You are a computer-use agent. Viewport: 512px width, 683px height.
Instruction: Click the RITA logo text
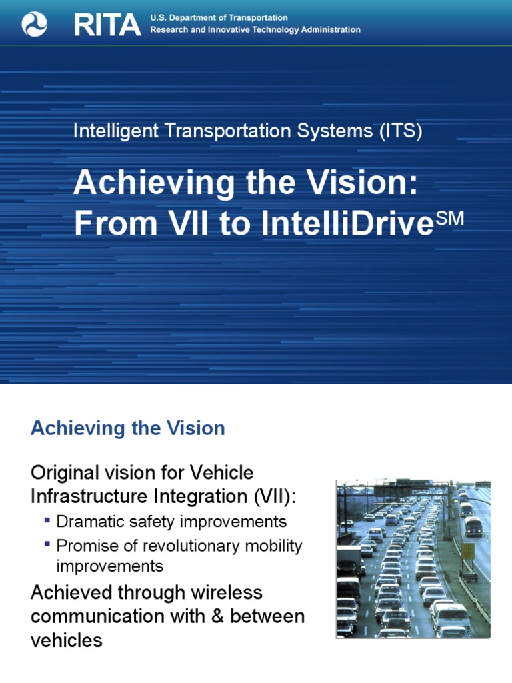click(107, 25)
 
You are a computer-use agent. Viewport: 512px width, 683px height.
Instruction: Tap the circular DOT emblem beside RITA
click(35, 25)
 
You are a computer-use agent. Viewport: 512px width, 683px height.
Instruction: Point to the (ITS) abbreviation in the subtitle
click(400, 131)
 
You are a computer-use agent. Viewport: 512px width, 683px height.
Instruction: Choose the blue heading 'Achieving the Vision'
click(128, 428)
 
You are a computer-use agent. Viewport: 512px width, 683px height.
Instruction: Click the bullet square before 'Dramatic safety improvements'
click(47, 520)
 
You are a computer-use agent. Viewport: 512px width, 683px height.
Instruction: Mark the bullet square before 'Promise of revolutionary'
click(47, 544)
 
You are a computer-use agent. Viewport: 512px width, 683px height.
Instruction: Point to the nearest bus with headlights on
click(473, 526)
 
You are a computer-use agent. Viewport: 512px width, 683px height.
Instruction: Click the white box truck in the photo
click(348, 560)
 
